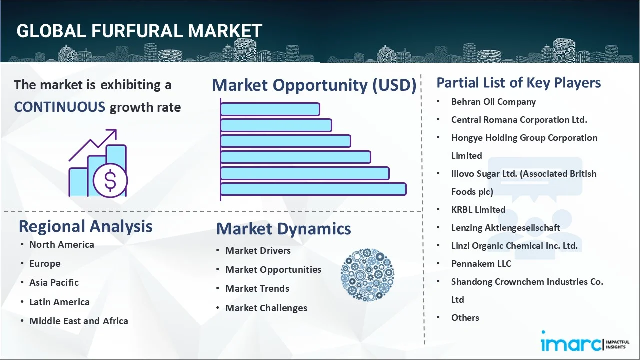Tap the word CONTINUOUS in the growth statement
59,107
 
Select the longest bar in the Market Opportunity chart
313,189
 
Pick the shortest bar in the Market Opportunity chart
270,109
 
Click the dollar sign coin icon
110,180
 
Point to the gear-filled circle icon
367,275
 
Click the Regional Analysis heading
85,226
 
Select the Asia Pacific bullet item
54,282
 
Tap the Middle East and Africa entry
79,321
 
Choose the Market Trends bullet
257,288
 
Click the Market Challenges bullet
266,308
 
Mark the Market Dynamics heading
283,229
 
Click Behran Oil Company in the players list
493,101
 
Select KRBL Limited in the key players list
478,209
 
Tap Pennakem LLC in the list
481,263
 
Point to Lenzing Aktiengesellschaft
505,227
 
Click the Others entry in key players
465,317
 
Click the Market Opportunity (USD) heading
314,85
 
